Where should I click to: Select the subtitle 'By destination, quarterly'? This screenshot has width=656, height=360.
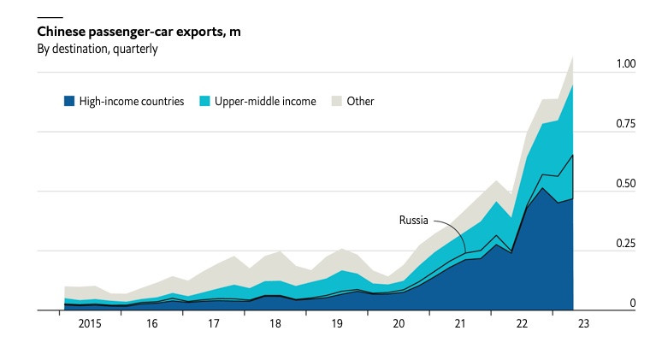tap(97, 49)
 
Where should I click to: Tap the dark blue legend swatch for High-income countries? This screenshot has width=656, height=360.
tap(69, 101)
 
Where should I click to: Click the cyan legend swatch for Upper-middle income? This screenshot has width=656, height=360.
tap(204, 101)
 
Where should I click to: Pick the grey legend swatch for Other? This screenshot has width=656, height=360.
tap(334, 101)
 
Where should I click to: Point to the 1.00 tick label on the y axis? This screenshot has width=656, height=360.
tap(626, 64)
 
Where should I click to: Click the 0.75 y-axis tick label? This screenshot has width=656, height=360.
tap(626, 124)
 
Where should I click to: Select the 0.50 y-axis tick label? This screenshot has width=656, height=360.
tap(626, 184)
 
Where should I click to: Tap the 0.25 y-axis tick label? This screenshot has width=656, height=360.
tap(626, 244)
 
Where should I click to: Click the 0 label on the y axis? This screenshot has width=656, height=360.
tap(633, 304)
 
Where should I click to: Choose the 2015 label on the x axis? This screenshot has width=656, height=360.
tap(90, 324)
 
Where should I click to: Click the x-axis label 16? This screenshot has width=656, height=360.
tap(151, 324)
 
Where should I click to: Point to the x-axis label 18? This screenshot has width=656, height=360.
tap(275, 324)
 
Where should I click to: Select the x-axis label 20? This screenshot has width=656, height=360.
tap(399, 324)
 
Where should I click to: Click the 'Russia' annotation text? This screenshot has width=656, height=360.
tap(414, 220)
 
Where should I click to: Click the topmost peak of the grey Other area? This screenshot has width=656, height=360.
tap(572, 56)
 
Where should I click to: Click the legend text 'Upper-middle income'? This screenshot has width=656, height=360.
tap(264, 101)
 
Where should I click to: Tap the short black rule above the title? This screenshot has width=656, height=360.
tap(50, 17)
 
